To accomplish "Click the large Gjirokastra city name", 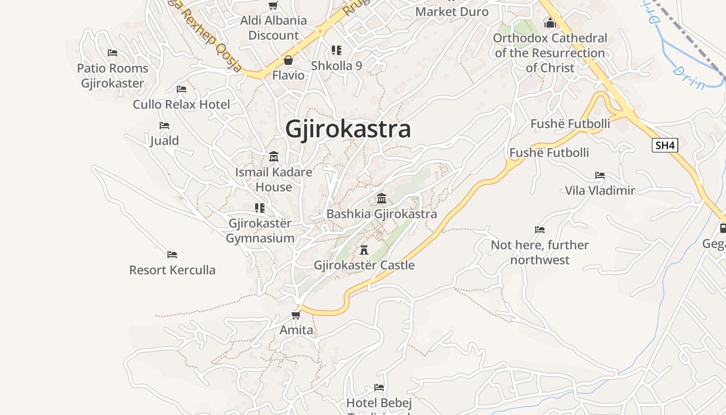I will click(x=348, y=129).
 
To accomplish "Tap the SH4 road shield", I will click(x=665, y=145).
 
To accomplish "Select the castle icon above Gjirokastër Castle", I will click(x=364, y=250).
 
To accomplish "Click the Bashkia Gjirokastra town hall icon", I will click(x=382, y=198).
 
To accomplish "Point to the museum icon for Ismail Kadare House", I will click(x=274, y=156).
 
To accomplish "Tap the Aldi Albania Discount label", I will click(x=273, y=28).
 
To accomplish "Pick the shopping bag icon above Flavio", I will click(x=288, y=60).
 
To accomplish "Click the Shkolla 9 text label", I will click(x=337, y=66).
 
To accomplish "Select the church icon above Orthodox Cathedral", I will click(x=550, y=23).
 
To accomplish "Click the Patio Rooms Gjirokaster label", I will click(x=113, y=76).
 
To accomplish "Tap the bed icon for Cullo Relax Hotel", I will click(x=181, y=89).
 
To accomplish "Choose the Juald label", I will click(x=164, y=141).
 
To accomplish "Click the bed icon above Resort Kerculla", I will click(x=172, y=255).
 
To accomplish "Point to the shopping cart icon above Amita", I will click(x=296, y=315).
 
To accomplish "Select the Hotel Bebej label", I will click(x=379, y=403).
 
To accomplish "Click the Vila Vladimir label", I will click(x=600, y=190).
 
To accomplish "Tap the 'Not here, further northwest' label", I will click(x=540, y=252).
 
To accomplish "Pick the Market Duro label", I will click(x=452, y=11).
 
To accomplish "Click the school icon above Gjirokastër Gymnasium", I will click(x=260, y=208).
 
